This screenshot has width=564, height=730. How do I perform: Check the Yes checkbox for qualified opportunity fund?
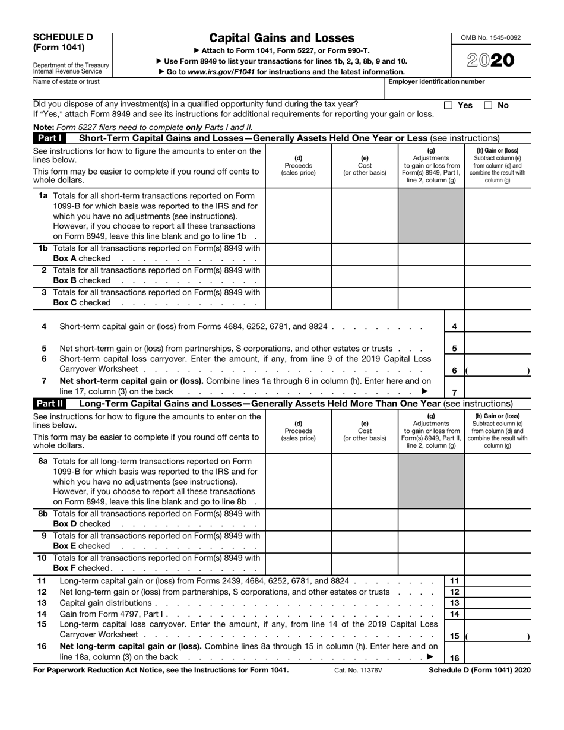click(449, 105)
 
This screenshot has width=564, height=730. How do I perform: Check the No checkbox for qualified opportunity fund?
click(488, 105)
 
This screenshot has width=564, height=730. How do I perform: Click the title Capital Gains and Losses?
click(282, 38)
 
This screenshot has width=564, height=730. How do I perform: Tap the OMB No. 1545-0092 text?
click(490, 37)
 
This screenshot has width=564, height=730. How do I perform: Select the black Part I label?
click(50, 138)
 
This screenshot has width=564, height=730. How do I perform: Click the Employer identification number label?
click(436, 82)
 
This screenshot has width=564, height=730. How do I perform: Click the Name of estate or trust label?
click(66, 82)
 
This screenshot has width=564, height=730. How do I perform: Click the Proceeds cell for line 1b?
click(298, 254)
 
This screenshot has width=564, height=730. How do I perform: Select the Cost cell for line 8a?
click(364, 482)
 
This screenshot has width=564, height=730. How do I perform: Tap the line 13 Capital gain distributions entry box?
click(497, 603)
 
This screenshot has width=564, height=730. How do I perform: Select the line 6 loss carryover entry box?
click(497, 370)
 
